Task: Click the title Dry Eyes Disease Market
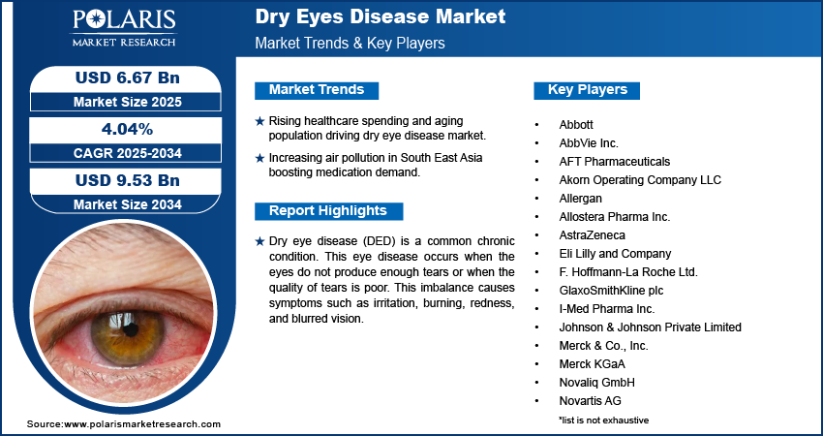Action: [x=380, y=17]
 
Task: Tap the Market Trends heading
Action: [x=317, y=90]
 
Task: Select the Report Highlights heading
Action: [x=328, y=211]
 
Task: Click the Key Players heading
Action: [x=588, y=90]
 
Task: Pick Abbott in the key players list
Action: [x=576, y=125]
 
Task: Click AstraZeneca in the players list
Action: [x=592, y=235]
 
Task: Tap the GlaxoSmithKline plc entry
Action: [x=611, y=291]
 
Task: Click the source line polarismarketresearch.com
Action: [x=124, y=424]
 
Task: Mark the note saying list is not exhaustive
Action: [x=603, y=420]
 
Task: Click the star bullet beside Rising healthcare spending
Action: [x=259, y=121]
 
